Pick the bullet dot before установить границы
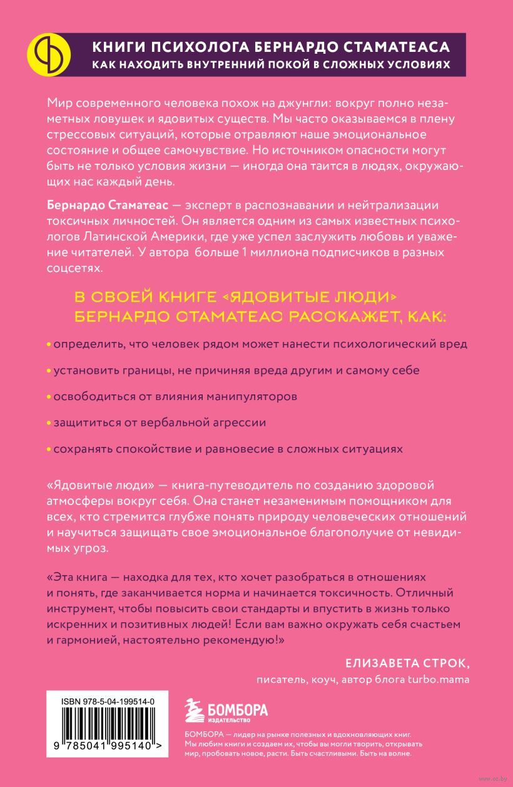[49, 371]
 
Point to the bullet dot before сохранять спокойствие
[49, 449]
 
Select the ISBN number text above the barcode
[109, 703]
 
